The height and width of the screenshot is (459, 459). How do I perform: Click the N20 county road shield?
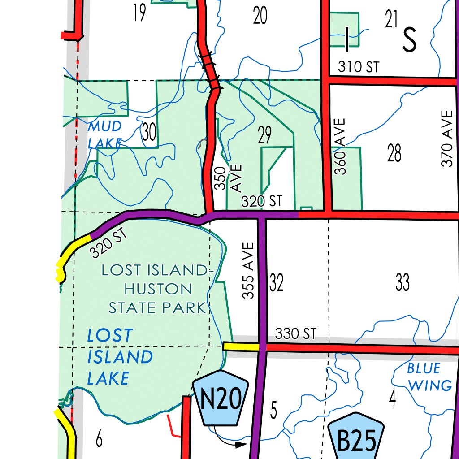pyautogui.click(x=221, y=398)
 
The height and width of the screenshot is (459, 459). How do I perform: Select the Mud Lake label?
pyautogui.click(x=105, y=134)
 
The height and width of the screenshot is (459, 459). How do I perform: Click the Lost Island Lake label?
pyautogui.click(x=119, y=357)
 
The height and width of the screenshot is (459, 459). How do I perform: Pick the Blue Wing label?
pyautogui.click(x=424, y=377)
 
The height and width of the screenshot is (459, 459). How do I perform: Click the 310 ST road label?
pyautogui.click(x=358, y=67)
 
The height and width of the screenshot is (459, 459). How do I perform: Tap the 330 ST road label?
pyautogui.click(x=295, y=333)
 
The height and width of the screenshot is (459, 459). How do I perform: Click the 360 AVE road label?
pyautogui.click(x=341, y=146)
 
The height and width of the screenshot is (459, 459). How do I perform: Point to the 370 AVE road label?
pyautogui.click(x=447, y=139)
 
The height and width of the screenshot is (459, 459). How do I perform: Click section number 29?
pyautogui.click(x=265, y=135)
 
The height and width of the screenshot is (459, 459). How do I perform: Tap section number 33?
pyautogui.click(x=402, y=282)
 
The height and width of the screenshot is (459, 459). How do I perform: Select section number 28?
pyautogui.click(x=394, y=154)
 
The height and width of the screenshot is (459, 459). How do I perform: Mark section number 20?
pyautogui.click(x=260, y=16)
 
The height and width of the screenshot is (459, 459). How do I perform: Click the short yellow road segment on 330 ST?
pyautogui.click(x=241, y=346)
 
